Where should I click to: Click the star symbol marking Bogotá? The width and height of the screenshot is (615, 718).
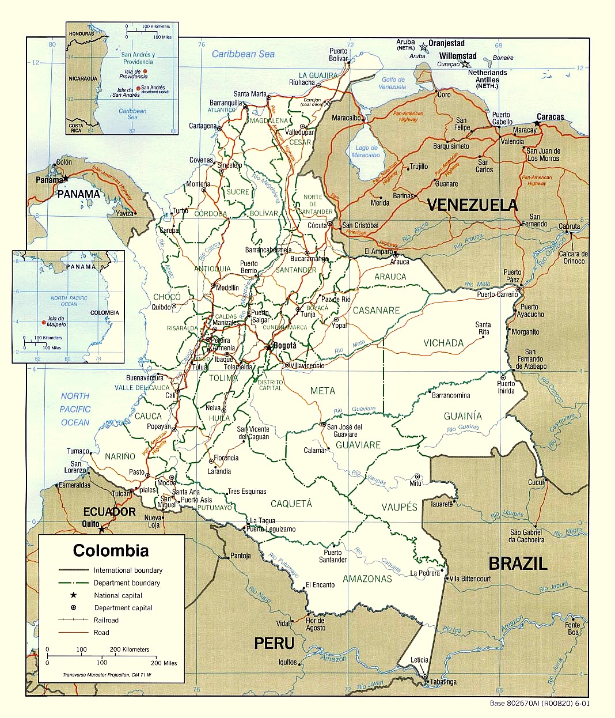pyautogui.click(x=269, y=347)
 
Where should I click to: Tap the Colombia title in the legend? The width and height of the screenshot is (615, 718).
pyautogui.click(x=111, y=550)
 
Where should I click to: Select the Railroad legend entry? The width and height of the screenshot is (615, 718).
pyautogui.click(x=106, y=620)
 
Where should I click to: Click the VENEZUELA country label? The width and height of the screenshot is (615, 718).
pyautogui.click(x=472, y=205)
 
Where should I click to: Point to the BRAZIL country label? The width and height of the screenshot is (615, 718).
pyautogui.click(x=518, y=563)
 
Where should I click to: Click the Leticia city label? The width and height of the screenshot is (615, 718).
pyautogui.click(x=419, y=660)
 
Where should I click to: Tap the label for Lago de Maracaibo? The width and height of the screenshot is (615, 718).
pyautogui.click(x=366, y=151)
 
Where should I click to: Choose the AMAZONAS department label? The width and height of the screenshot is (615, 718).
pyautogui.click(x=367, y=579)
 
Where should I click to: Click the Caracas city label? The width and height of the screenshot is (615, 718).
pyautogui.click(x=551, y=116)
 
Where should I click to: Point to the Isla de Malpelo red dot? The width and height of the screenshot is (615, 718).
pyautogui.click(x=43, y=323)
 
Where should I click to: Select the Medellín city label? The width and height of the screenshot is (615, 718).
pyautogui.click(x=227, y=288)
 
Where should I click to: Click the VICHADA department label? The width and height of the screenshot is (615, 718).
pyautogui.click(x=443, y=343)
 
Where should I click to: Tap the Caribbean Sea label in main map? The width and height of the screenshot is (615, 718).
pyautogui.click(x=243, y=54)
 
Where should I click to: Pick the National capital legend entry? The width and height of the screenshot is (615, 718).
pyautogui.click(x=118, y=595)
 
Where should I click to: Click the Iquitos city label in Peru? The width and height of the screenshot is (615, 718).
pyautogui.click(x=287, y=662)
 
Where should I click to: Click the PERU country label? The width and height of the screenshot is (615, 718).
pyautogui.click(x=274, y=643)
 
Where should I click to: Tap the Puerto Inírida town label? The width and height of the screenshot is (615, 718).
pyautogui.click(x=506, y=387)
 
